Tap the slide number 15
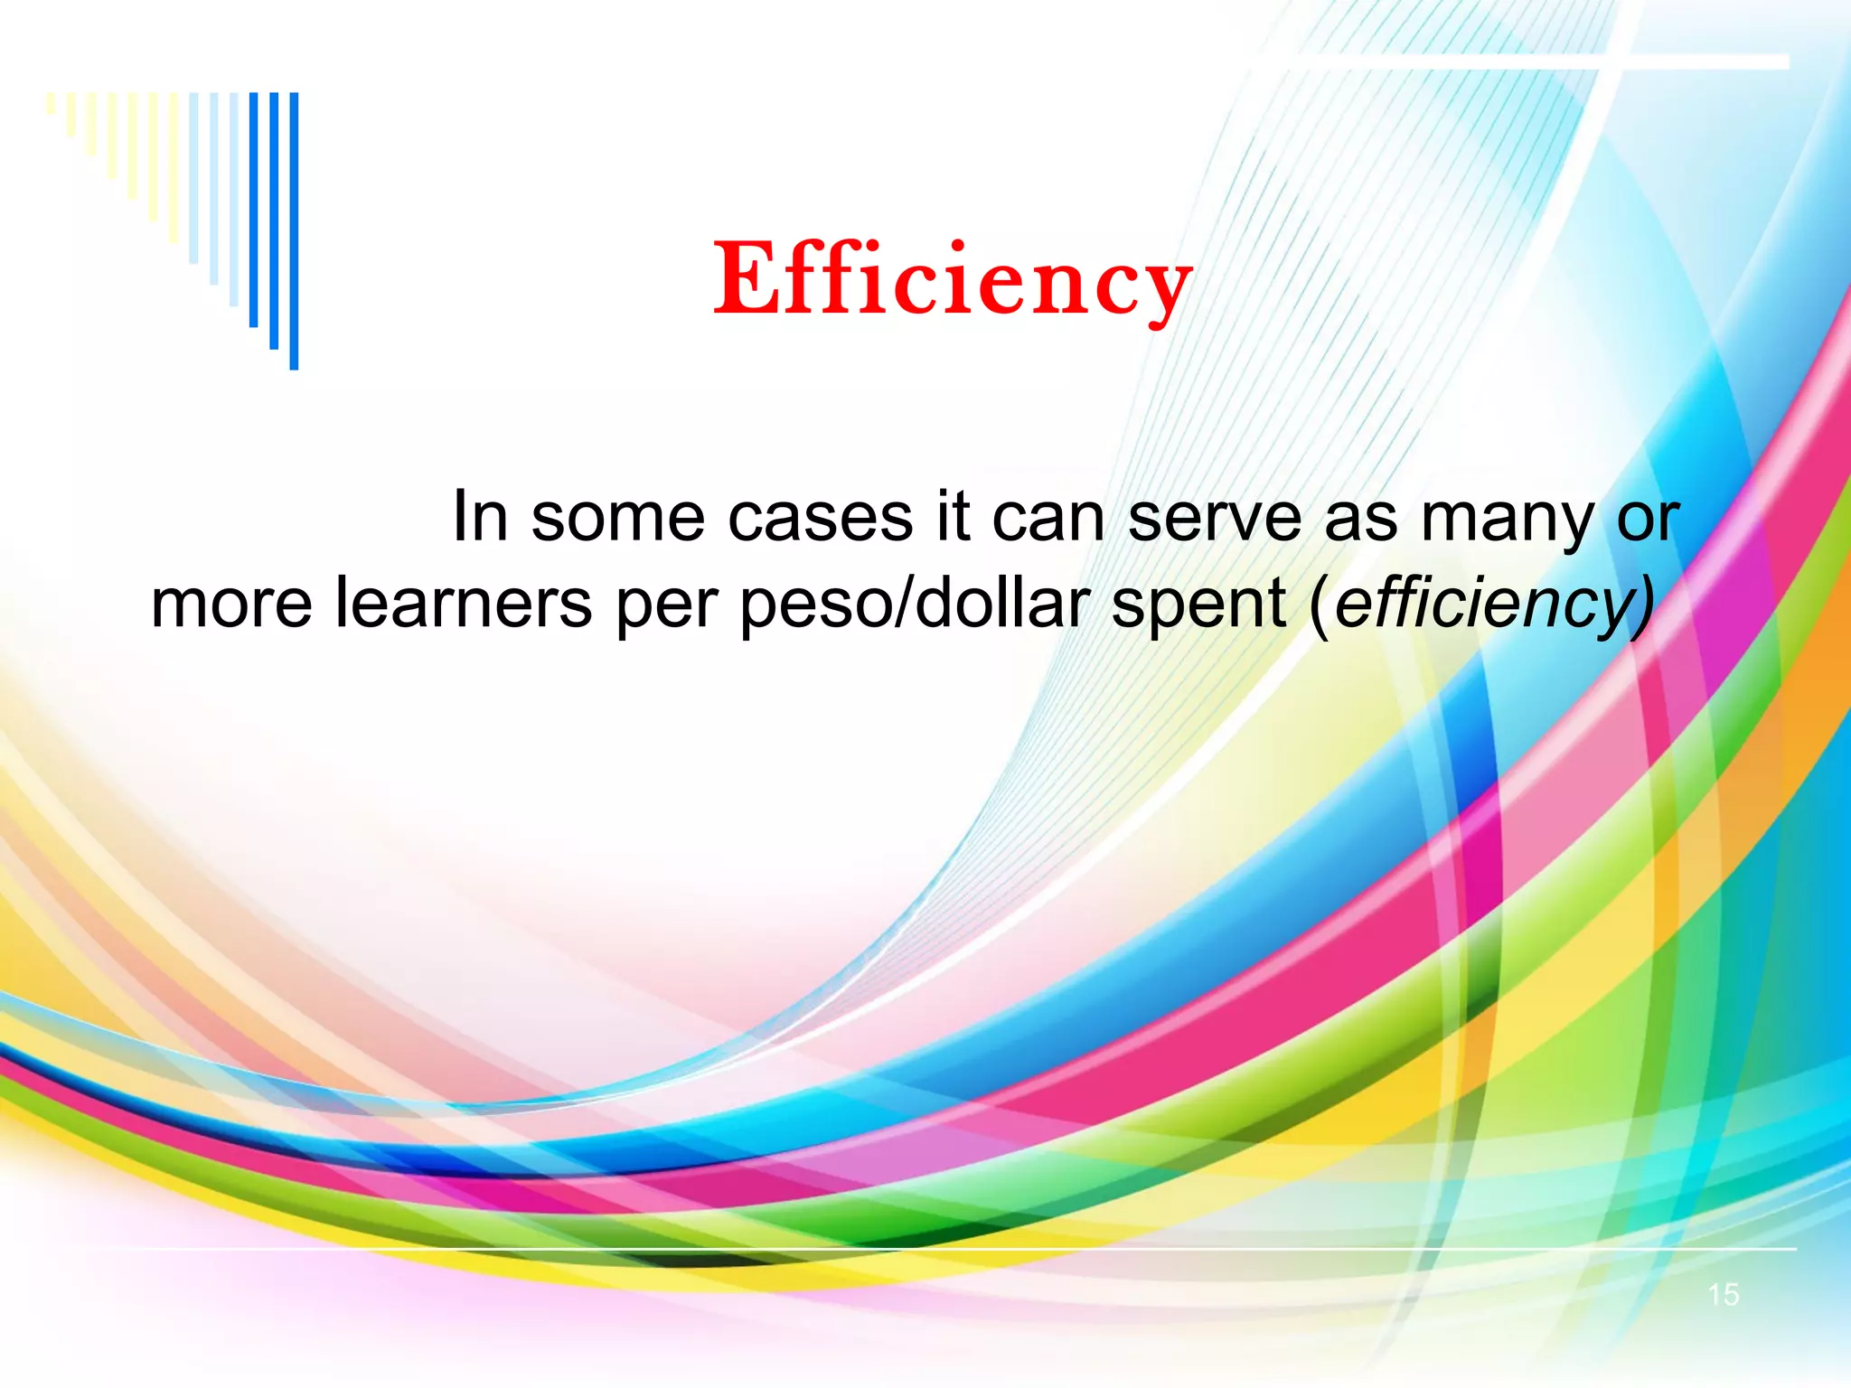click(1723, 1295)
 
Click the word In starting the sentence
click(479, 517)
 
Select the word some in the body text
click(617, 519)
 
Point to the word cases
click(820, 519)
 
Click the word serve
click(1214, 519)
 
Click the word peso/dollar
click(914, 605)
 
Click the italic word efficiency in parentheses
click(1482, 605)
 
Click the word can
click(1048, 519)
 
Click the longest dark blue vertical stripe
click(294, 230)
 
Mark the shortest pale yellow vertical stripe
click(52, 102)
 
